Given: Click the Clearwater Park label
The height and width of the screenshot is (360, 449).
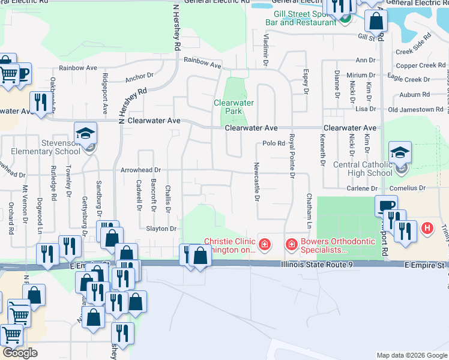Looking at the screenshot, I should pos(234,107).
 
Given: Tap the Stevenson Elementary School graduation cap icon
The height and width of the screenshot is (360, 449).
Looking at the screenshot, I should pos(85,133).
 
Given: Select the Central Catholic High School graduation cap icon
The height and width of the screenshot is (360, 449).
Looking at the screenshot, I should pos(400,153).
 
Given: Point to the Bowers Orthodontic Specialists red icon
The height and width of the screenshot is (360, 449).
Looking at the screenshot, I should pos(291,244).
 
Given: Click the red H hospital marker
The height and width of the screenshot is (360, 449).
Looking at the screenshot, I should pos(427,228).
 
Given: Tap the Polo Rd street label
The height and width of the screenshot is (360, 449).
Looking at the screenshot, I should pos(273,143).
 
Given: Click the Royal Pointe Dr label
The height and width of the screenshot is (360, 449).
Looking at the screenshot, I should pos(292,155).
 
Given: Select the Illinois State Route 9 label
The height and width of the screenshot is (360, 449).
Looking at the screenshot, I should pos(323,264).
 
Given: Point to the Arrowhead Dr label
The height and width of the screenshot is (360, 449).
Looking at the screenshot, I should pos(141,170).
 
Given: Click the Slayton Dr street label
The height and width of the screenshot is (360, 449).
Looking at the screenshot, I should pos(160,229).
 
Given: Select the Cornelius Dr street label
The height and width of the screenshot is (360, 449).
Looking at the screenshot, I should pos(406,188).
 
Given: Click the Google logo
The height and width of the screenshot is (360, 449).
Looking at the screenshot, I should pos(20,353).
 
